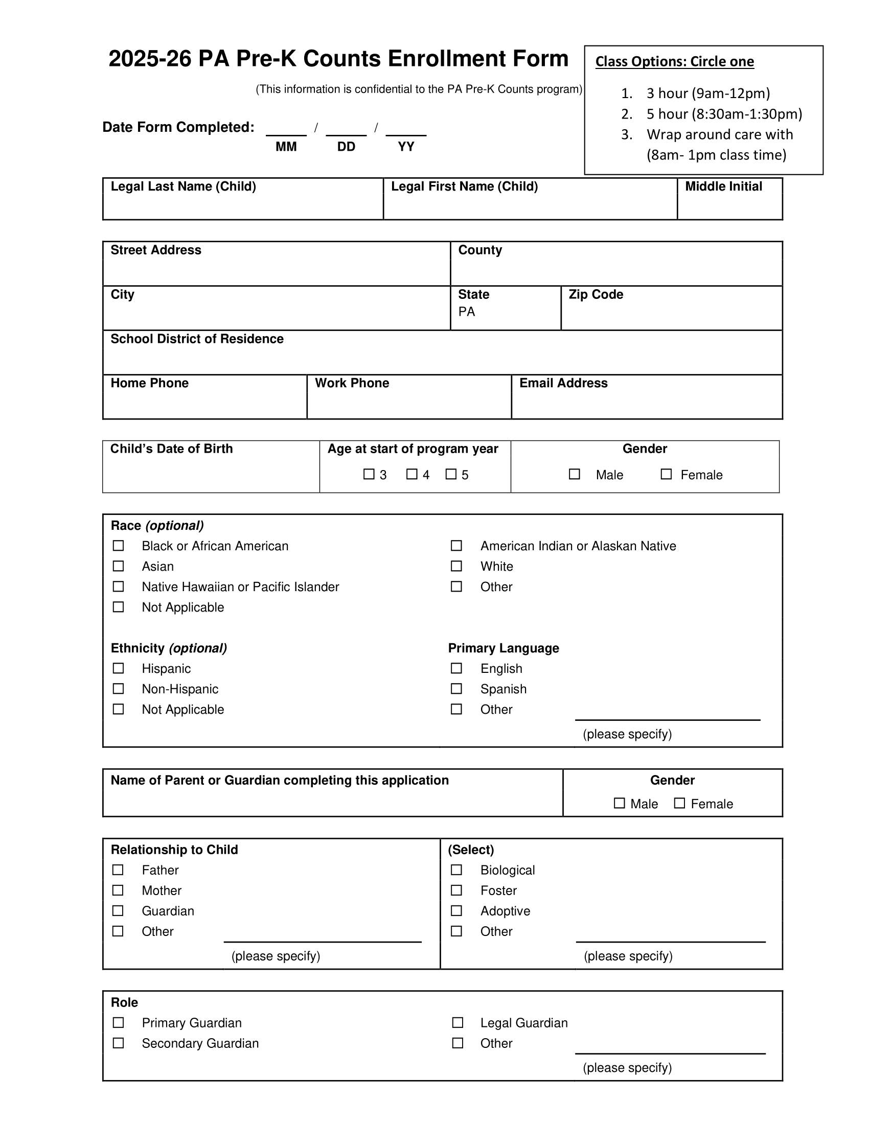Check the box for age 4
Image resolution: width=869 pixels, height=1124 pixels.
coord(412,474)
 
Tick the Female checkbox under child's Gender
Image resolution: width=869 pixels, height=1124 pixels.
coord(666,474)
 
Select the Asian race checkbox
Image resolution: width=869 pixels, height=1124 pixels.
coord(119,566)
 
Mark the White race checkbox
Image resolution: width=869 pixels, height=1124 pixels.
coord(456,566)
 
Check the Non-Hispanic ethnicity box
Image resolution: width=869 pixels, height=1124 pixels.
coord(119,689)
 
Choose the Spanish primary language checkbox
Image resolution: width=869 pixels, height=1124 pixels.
coord(456,689)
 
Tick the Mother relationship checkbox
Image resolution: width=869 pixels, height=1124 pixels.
coord(118,891)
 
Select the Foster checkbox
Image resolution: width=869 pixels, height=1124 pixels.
coord(456,891)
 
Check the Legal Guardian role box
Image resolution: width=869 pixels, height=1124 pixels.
coord(457,1023)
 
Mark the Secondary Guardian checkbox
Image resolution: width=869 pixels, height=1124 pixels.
coord(119,1043)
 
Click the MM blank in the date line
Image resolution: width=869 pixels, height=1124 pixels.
coord(286,129)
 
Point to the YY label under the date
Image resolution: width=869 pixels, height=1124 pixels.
coord(406,147)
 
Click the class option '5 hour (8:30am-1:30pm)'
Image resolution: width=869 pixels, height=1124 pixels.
coord(724,114)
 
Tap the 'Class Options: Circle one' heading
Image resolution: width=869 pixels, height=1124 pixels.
coord(674,62)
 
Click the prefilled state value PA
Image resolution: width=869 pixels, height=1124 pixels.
coord(466,312)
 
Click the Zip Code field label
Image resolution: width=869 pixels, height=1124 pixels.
coord(596,294)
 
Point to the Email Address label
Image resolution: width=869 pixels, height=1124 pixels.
coord(563,383)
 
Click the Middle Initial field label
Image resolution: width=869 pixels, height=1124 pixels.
coord(723,186)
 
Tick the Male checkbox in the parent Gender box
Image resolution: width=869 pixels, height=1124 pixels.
coord(620,803)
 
